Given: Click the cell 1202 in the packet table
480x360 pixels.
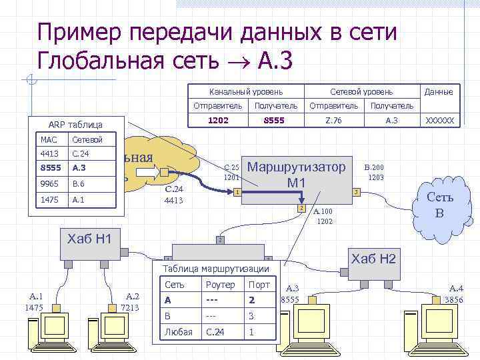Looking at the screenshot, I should click(218, 121).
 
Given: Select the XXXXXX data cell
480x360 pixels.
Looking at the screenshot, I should click(439, 121).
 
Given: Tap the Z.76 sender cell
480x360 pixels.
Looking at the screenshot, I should click(333, 121).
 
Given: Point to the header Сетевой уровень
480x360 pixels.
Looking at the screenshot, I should click(361, 91).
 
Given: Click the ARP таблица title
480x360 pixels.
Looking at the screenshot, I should click(75, 125).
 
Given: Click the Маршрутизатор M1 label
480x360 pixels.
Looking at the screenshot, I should click(296, 174).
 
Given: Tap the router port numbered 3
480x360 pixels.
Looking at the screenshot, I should click(356, 192).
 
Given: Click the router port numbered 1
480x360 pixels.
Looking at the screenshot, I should click(237, 193).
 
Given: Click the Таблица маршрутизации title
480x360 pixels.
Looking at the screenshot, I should click(215, 268).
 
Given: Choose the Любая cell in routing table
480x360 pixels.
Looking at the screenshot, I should click(178, 332).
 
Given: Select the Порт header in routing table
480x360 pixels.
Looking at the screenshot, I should click(259, 285).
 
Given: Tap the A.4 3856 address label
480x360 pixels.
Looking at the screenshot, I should click(457, 294).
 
